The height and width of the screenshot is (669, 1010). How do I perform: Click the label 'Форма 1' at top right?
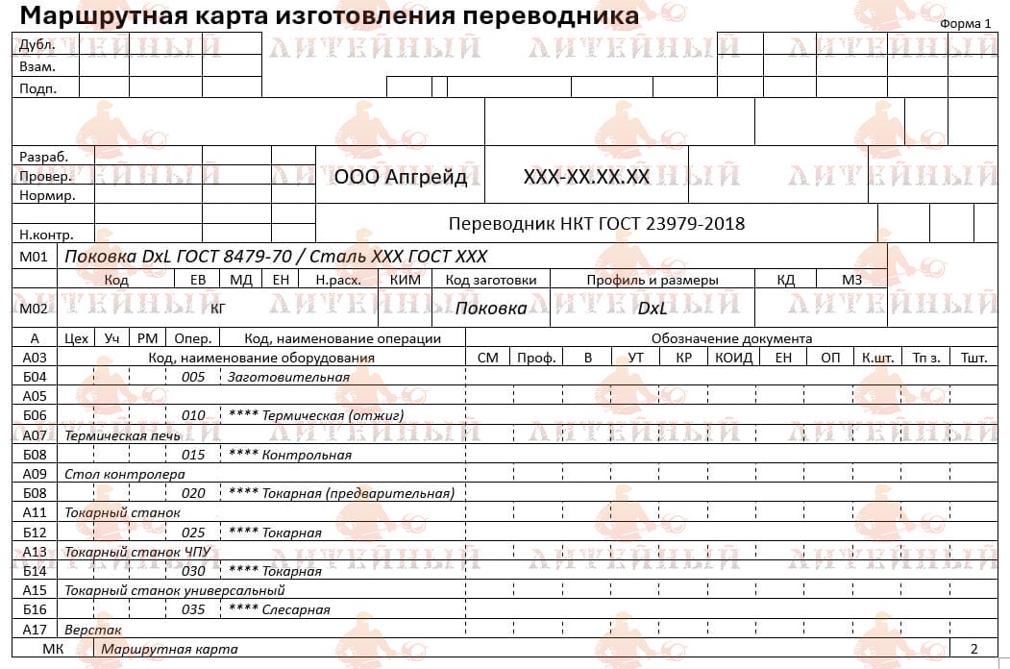coord(966,24)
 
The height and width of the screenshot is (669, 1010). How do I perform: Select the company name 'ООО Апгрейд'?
coord(400,177)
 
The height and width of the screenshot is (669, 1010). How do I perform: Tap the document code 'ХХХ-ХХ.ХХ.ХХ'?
coord(586,177)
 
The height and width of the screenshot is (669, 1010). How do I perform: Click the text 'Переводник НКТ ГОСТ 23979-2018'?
coord(596,224)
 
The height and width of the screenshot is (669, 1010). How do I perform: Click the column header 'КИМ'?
coord(405,280)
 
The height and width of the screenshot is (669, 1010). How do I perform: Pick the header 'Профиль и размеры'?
coord(653,280)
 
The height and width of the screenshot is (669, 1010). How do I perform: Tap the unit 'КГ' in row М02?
coord(218,309)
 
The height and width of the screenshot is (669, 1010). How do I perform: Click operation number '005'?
coord(193,377)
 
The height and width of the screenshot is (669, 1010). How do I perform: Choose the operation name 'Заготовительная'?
coord(287,377)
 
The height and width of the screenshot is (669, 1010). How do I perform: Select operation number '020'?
coord(193,494)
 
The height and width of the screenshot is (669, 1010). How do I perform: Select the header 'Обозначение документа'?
coord(731,338)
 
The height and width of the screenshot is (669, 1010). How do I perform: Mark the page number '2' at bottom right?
coord(973,649)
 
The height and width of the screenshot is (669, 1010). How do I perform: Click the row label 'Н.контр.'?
coord(46,234)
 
